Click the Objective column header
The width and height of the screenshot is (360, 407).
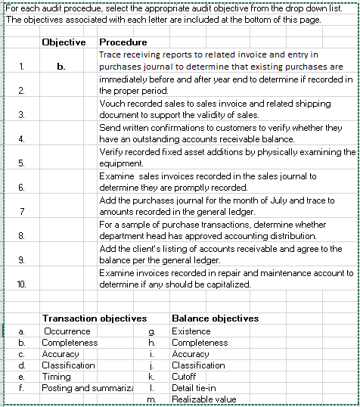[64, 42]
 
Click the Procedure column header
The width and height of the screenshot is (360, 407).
[123, 42]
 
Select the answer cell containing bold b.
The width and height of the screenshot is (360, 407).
[62, 67]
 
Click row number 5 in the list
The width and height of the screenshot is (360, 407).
[21, 163]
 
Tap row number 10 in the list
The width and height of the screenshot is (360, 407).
[21, 284]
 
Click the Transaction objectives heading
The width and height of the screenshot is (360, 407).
[94, 318]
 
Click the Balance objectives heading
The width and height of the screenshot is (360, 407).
[215, 318]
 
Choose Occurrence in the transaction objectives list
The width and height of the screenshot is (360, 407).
[67, 331]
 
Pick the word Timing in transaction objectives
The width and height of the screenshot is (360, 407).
[57, 377]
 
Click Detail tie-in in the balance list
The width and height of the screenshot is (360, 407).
[194, 388]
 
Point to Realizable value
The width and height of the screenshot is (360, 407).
[200, 399]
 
